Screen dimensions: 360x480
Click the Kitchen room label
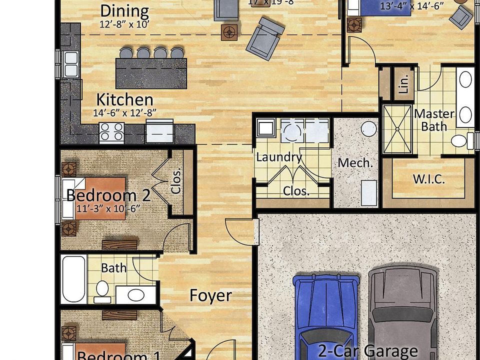pyautogui.click(x=124, y=99)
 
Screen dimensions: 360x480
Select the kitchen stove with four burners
pyautogui.click(x=111, y=133)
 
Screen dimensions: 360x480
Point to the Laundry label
pyautogui.click(x=278, y=157)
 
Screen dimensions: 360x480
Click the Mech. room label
pyautogui.click(x=355, y=162)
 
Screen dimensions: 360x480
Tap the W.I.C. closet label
pyautogui.click(x=429, y=179)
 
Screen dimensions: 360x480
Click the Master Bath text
pyautogui.click(x=433, y=120)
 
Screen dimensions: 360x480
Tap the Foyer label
pyautogui.click(x=210, y=295)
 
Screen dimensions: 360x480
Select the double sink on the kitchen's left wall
pyautogui.click(x=70, y=64)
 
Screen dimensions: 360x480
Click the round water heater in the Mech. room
pyautogui.click(x=368, y=129)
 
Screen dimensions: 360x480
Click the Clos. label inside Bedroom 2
pyautogui.click(x=176, y=179)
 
